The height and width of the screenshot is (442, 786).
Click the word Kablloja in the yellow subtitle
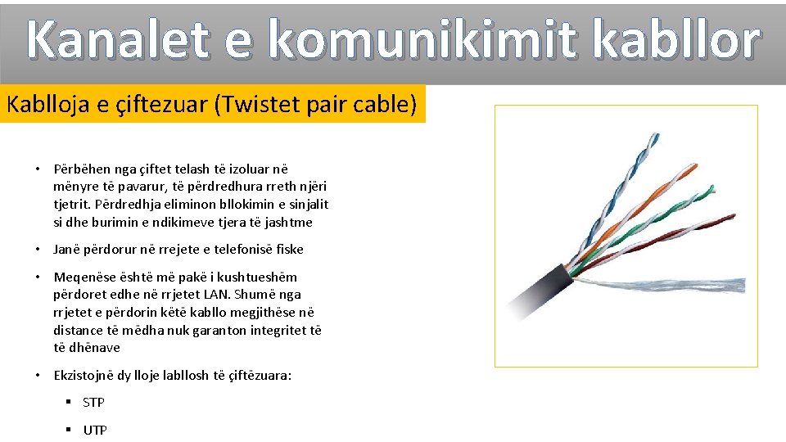52,104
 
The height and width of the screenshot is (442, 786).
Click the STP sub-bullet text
94,402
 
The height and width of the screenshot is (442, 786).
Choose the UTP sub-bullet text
95,430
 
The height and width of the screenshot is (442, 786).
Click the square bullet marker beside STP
70,402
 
